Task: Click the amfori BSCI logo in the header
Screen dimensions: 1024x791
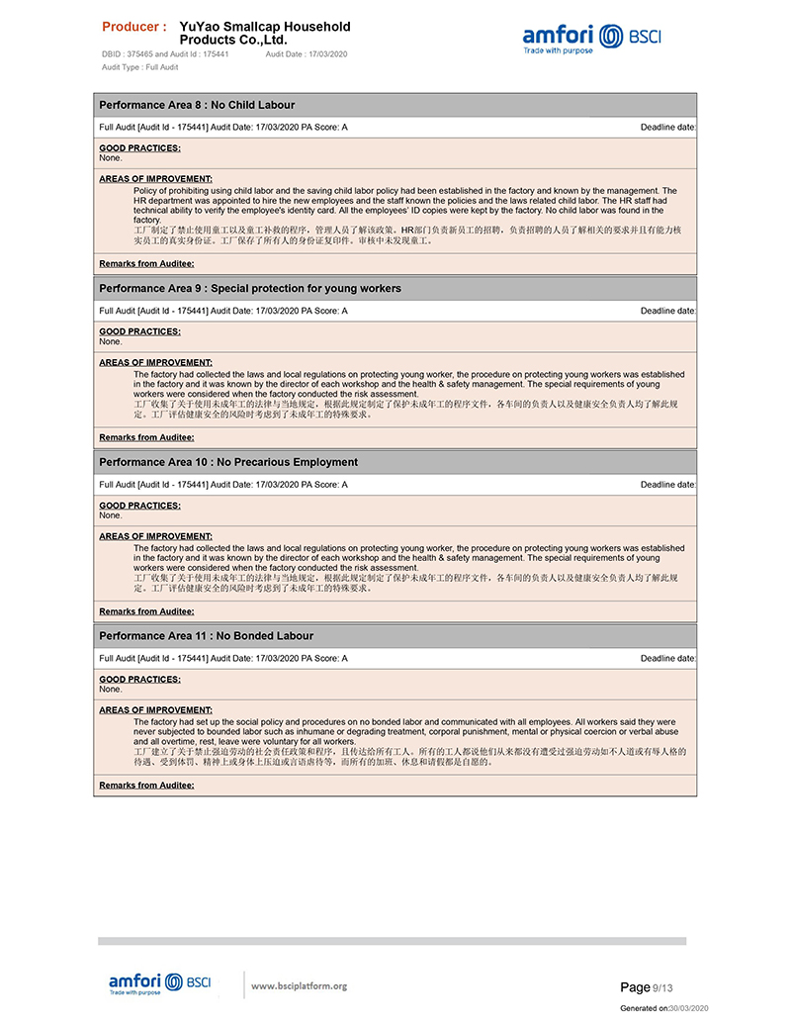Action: pyautogui.click(x=591, y=39)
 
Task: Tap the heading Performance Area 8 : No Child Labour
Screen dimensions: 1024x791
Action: pyautogui.click(x=197, y=105)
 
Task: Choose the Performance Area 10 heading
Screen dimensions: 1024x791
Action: pyautogui.click(x=228, y=462)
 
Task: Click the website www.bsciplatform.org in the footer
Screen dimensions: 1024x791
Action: pyautogui.click(x=299, y=985)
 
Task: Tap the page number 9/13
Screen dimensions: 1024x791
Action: pyautogui.click(x=662, y=987)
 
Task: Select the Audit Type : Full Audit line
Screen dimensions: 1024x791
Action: pyautogui.click(x=139, y=67)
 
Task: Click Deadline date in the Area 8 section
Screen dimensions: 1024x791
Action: pyautogui.click(x=668, y=128)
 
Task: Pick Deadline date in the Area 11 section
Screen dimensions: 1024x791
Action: pyautogui.click(x=668, y=658)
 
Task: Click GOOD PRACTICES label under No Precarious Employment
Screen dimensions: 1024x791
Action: pyautogui.click(x=139, y=506)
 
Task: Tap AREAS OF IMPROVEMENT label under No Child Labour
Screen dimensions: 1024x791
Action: pyautogui.click(x=155, y=179)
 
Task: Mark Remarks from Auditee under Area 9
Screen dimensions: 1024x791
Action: pyautogui.click(x=146, y=437)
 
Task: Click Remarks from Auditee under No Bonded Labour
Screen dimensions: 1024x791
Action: pyautogui.click(x=146, y=786)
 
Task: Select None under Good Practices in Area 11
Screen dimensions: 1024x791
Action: pyautogui.click(x=111, y=690)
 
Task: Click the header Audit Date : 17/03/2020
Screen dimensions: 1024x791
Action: pyautogui.click(x=307, y=54)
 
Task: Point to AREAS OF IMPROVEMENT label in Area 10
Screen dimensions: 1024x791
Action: pyautogui.click(x=155, y=536)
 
